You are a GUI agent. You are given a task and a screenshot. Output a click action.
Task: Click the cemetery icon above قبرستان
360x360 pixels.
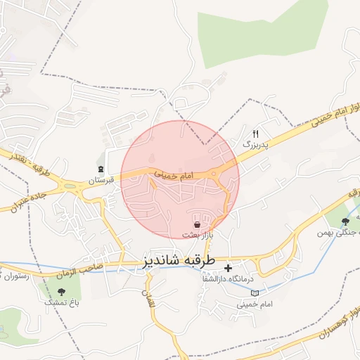[x=101, y=169]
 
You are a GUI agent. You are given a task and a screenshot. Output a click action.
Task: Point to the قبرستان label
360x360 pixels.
[x=100, y=181]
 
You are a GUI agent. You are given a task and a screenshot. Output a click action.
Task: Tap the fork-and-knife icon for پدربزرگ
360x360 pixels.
[x=256, y=133]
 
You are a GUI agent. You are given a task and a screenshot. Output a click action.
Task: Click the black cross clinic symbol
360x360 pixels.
[x=228, y=268]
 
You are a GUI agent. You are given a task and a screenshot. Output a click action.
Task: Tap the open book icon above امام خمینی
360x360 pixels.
[x=255, y=292]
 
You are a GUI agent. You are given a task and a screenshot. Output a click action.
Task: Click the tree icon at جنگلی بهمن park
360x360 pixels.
[x=344, y=221]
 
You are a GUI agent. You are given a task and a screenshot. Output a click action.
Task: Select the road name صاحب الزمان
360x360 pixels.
[x=86, y=267]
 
